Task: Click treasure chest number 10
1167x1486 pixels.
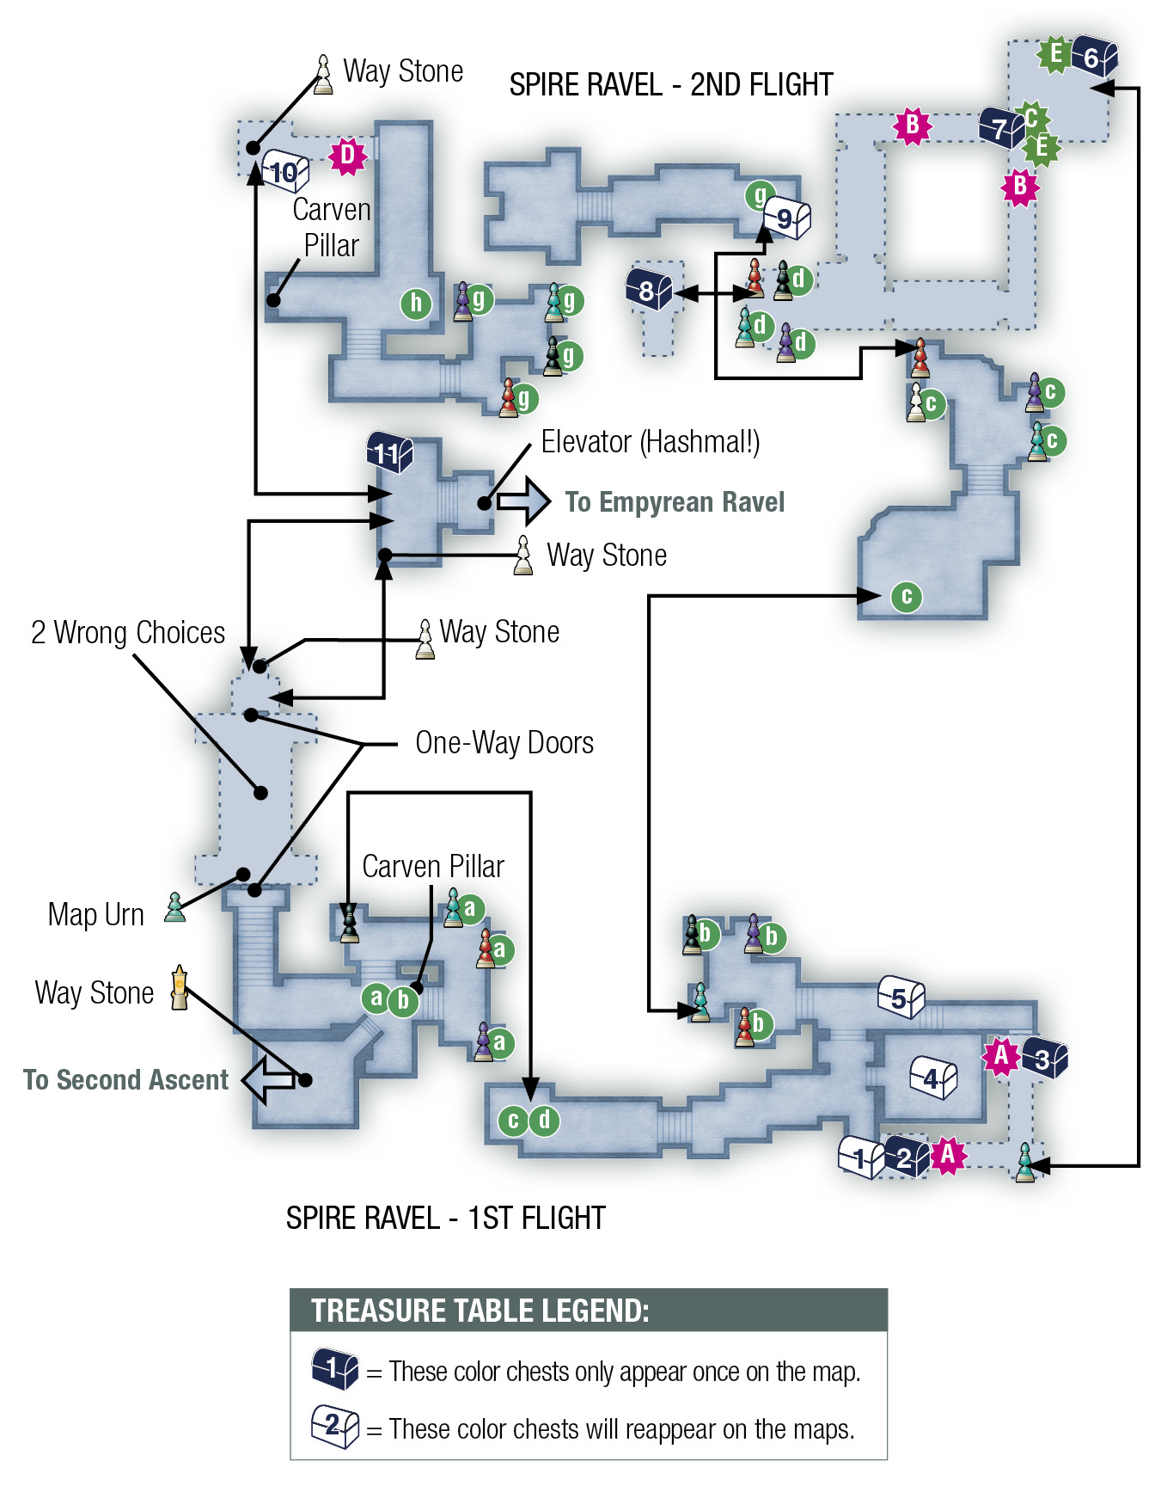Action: (x=285, y=170)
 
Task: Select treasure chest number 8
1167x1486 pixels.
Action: (x=649, y=288)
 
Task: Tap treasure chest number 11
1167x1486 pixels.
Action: (x=389, y=451)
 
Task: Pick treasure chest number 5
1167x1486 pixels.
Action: (x=901, y=998)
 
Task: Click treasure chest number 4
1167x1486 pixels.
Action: (x=933, y=1077)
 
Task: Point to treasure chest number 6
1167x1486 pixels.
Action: (x=1094, y=57)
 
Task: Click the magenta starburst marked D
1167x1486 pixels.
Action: (x=348, y=156)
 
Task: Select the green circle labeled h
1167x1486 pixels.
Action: (x=416, y=303)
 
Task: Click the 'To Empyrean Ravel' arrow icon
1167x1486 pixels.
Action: (x=523, y=500)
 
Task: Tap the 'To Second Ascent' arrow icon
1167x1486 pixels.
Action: (x=268, y=1080)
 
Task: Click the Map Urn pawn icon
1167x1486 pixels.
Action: (x=175, y=907)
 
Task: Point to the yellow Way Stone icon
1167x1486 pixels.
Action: (x=179, y=987)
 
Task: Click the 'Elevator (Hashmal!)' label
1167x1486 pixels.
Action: (x=651, y=442)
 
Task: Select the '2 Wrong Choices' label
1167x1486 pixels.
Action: (x=128, y=632)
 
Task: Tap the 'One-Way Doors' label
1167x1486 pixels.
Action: (x=504, y=742)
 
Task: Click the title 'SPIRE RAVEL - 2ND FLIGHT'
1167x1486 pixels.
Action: (x=671, y=84)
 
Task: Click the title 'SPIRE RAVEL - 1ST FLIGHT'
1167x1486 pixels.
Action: (x=446, y=1218)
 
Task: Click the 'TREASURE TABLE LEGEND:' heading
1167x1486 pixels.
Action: (x=480, y=1311)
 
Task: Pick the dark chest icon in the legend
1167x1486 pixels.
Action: (x=335, y=1368)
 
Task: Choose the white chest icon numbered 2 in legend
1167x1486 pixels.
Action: (x=335, y=1426)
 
